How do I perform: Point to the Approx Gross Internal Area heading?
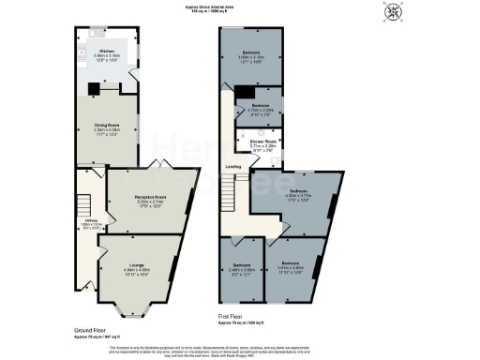click(x=239, y=8)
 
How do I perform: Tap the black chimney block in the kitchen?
click(x=92, y=91)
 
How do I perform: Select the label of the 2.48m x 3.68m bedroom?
click(x=241, y=267)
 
